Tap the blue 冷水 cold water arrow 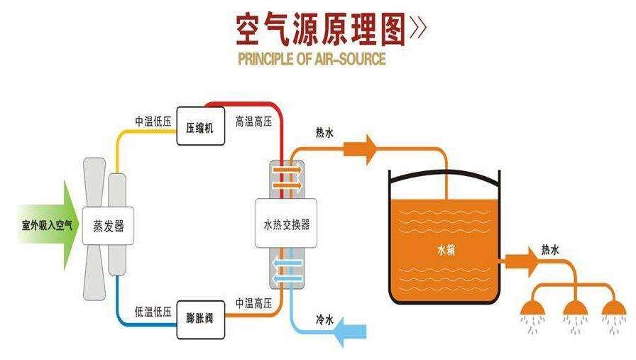click(351, 332)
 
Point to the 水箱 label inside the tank click(445, 249)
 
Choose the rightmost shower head click(614, 307)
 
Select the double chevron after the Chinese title click(418, 28)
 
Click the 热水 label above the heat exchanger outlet click(324, 132)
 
